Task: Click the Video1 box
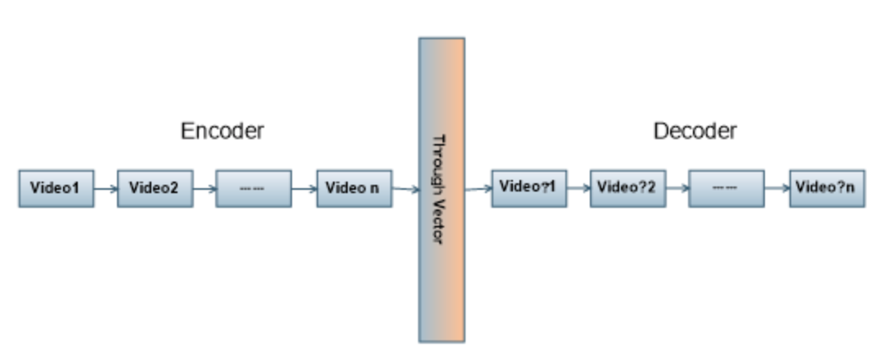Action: tap(56, 188)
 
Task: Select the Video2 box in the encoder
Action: tap(155, 188)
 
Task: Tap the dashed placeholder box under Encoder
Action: tap(253, 188)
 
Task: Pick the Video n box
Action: tap(353, 188)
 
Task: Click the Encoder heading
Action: tap(223, 131)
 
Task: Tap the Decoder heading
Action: tap(695, 131)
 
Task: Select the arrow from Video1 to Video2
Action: tap(106, 188)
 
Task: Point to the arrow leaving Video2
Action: tap(205, 188)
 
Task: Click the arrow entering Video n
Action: tap(304, 188)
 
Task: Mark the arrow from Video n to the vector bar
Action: tap(405, 190)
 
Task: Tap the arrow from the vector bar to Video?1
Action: tap(478, 189)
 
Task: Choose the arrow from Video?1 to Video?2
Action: tap(578, 188)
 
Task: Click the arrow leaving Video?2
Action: tap(677, 188)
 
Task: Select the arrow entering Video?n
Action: tap(776, 188)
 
